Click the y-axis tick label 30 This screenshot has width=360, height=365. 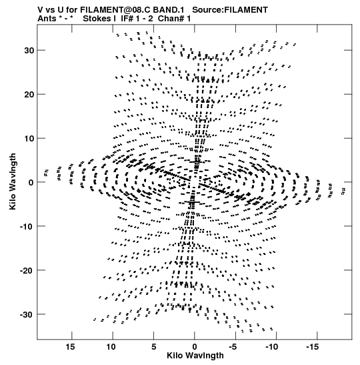click(29, 50)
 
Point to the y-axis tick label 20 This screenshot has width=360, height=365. click(29, 94)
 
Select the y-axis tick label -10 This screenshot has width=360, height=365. click(27, 226)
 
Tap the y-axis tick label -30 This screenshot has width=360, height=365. click(27, 314)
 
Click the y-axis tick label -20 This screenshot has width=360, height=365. click(27, 270)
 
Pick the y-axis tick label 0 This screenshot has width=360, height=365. click(31, 183)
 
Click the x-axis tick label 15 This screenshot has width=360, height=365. click(70, 347)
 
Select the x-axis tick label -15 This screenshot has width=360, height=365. click(312, 347)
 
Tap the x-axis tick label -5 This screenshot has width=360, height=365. click(233, 347)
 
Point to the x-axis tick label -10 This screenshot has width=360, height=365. click(271, 347)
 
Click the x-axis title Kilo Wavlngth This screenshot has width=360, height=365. click(195, 356)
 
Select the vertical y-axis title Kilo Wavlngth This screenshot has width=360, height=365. click(13, 181)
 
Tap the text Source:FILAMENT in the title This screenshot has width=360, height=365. click(230, 10)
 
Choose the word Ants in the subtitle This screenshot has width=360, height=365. click(47, 19)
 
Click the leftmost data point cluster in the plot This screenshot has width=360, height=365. click(46, 172)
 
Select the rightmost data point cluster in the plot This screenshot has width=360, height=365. click(343, 191)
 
